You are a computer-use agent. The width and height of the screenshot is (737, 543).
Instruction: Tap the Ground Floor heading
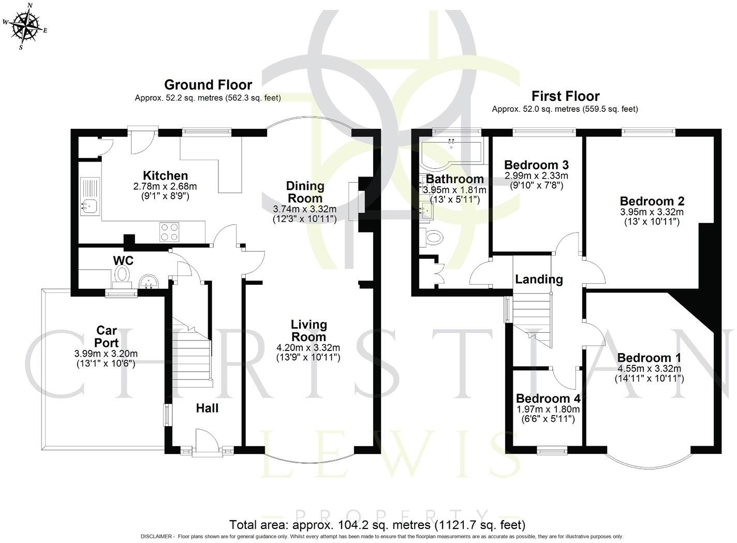click(x=208, y=85)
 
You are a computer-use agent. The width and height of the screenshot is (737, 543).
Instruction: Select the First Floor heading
click(x=565, y=96)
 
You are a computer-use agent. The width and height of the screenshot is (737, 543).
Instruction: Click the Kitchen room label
click(x=165, y=175)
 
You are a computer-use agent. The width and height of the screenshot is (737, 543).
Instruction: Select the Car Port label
click(x=107, y=336)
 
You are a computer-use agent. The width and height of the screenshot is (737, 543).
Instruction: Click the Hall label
click(x=207, y=408)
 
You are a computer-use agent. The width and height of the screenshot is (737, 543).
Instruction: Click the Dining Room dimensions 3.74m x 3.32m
click(x=305, y=209)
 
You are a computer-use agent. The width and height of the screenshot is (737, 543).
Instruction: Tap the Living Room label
click(x=308, y=331)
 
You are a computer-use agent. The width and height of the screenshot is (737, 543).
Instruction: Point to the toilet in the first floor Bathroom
click(x=432, y=238)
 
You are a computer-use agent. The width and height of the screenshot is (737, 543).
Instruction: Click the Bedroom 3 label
click(x=536, y=165)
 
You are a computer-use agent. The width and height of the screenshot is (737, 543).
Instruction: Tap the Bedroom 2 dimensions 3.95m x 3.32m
click(x=652, y=212)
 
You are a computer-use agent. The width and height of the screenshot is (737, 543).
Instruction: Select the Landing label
click(x=539, y=280)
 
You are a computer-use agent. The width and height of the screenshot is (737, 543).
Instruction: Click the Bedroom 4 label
click(x=548, y=399)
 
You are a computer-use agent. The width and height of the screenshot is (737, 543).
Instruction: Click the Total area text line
click(x=377, y=524)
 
